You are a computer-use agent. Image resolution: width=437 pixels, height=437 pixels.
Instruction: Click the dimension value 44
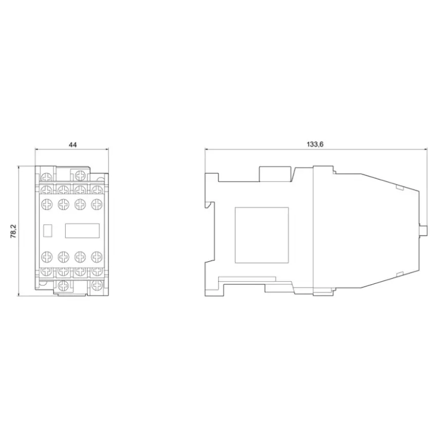point(72,144)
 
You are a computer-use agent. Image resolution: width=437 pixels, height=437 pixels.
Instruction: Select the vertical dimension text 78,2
point(13,231)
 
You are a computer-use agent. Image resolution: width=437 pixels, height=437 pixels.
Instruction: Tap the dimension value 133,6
point(315,144)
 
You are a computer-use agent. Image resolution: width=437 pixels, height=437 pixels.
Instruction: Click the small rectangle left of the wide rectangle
point(48,231)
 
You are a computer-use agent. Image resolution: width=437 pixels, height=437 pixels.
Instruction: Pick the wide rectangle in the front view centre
point(82,231)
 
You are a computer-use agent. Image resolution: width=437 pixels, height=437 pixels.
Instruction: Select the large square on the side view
point(262,235)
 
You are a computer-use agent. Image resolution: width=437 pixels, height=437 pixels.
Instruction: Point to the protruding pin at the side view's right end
point(423,230)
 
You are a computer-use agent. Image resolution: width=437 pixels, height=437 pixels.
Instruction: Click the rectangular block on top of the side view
point(276,174)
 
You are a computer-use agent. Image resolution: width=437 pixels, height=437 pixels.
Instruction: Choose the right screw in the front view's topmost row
point(80,176)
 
